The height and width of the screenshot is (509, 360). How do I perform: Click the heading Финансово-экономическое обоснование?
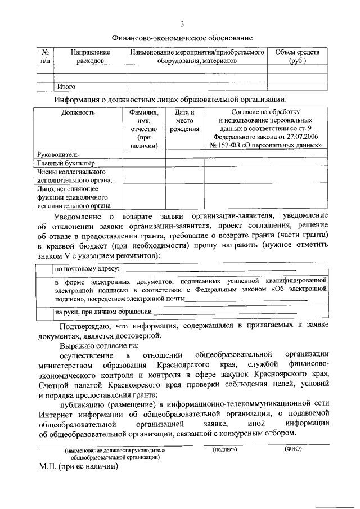click(182, 38)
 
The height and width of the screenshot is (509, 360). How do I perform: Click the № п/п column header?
click(45, 56)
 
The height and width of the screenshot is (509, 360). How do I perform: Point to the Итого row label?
click(66, 87)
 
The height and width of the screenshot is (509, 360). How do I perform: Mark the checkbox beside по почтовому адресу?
click(44, 269)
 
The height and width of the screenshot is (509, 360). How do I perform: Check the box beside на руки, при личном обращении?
click(44, 312)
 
